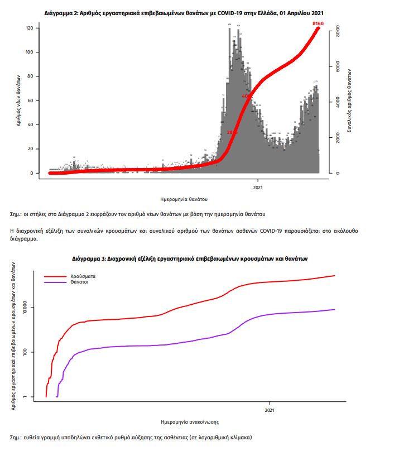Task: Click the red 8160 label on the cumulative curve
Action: click(318, 23)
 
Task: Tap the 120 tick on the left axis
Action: click(30, 28)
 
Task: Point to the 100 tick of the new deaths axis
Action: click(30, 52)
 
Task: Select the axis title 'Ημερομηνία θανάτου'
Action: click(184, 198)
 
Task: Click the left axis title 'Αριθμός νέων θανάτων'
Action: click(18, 100)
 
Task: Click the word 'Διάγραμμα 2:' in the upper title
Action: click(61, 12)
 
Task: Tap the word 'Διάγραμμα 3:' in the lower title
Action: click(89, 259)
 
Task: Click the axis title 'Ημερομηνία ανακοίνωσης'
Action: click(189, 421)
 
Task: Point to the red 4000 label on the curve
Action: click(247, 96)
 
